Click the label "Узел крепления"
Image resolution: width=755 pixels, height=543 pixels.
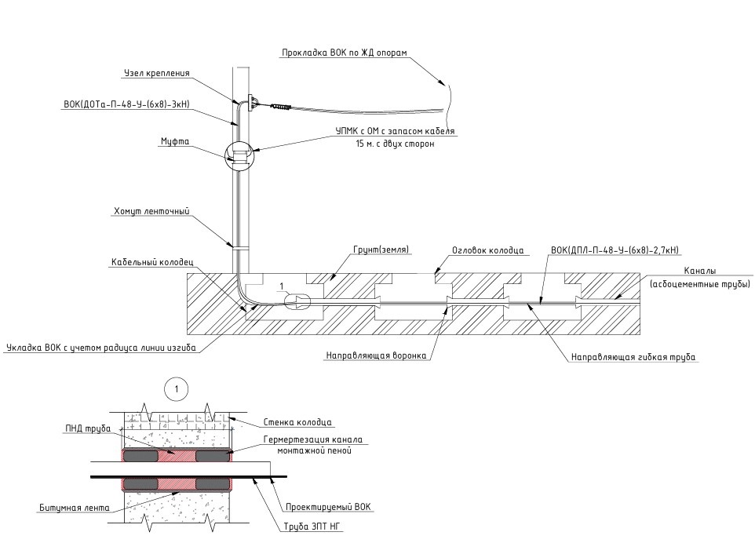(157, 74)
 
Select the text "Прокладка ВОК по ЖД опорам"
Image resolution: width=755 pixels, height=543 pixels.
(345, 53)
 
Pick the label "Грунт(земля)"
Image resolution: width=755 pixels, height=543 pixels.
(375, 250)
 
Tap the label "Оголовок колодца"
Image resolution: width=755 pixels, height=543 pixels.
(487, 250)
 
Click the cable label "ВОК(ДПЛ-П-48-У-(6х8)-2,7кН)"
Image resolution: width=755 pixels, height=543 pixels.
(615, 250)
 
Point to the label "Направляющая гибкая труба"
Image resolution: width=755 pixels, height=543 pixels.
(633, 356)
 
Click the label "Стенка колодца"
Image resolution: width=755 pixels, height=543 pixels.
(297, 422)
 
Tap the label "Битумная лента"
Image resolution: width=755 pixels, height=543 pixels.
(74, 508)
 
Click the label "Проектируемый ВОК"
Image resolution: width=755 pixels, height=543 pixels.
(328, 507)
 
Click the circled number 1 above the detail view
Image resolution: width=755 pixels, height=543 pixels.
(178, 388)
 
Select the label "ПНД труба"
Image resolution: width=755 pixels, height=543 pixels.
(89, 428)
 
